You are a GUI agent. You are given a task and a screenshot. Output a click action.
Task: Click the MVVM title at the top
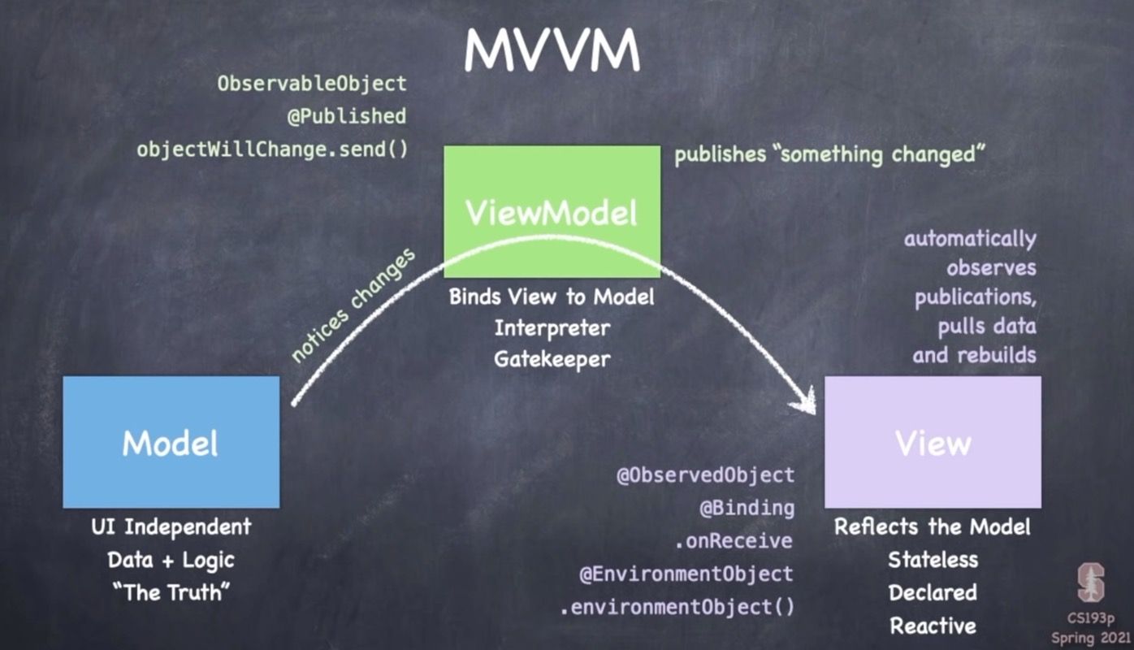pos(552,50)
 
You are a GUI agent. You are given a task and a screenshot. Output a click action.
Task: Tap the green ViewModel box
pos(552,212)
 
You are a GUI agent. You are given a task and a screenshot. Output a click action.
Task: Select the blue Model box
pos(171,442)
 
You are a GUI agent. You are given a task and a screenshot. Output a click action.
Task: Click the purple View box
pos(933,442)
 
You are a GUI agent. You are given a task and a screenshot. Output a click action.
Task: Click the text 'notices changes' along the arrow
pos(353,305)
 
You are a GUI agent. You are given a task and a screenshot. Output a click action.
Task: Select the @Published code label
pos(346,116)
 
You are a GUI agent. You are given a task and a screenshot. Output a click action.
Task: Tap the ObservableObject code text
pos(312,83)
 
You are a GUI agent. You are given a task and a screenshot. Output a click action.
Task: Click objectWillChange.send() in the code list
pos(272,149)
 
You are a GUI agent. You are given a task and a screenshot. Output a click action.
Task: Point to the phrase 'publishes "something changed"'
pos(829,154)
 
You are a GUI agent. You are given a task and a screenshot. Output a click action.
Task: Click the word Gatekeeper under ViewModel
pos(552,357)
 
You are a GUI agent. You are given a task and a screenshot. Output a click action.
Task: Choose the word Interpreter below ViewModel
pos(552,327)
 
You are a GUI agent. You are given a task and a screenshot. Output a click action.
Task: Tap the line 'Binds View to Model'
pos(552,297)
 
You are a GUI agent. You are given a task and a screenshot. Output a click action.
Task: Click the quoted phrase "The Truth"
pos(171,592)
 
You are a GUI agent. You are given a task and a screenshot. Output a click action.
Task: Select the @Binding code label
pos(747,508)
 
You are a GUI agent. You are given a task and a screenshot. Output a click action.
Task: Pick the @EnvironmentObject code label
pos(686,574)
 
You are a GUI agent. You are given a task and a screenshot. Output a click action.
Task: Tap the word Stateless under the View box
pos(933,559)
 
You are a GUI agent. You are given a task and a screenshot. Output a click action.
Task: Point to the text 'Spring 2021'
pos(1090,637)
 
